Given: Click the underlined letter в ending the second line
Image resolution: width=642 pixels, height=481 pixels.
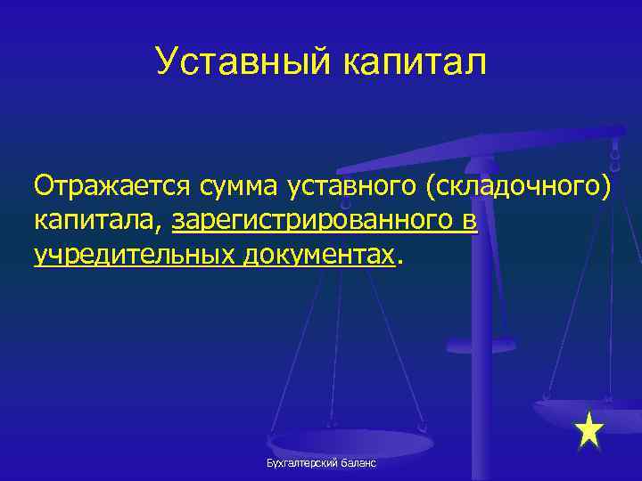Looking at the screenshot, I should point(470,220).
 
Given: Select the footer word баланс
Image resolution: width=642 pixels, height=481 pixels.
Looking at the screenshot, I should point(358,464).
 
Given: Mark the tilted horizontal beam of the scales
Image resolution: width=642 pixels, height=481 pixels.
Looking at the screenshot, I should point(481,148).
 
